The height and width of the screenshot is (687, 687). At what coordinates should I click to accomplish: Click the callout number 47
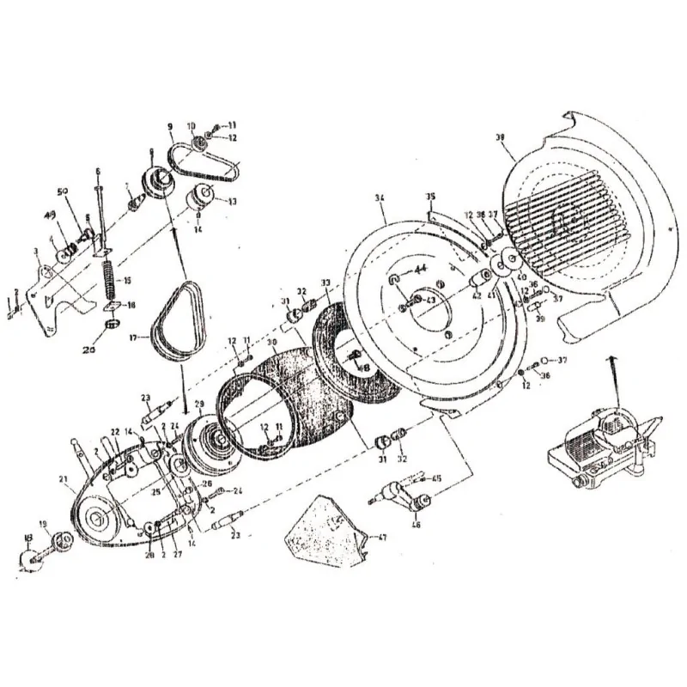[383, 537]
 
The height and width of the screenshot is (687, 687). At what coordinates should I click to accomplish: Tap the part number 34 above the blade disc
[379, 198]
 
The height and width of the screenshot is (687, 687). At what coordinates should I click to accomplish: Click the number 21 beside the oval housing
[63, 479]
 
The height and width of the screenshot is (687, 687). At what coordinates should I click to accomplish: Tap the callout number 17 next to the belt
[133, 338]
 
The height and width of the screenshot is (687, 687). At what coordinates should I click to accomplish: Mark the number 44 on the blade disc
[421, 269]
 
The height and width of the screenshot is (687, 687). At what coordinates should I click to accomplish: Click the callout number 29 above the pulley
[199, 404]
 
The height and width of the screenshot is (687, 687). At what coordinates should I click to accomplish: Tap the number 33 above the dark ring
[325, 282]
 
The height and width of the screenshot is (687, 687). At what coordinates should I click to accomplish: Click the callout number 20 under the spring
[88, 350]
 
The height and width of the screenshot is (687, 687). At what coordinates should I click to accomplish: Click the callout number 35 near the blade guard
[430, 197]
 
